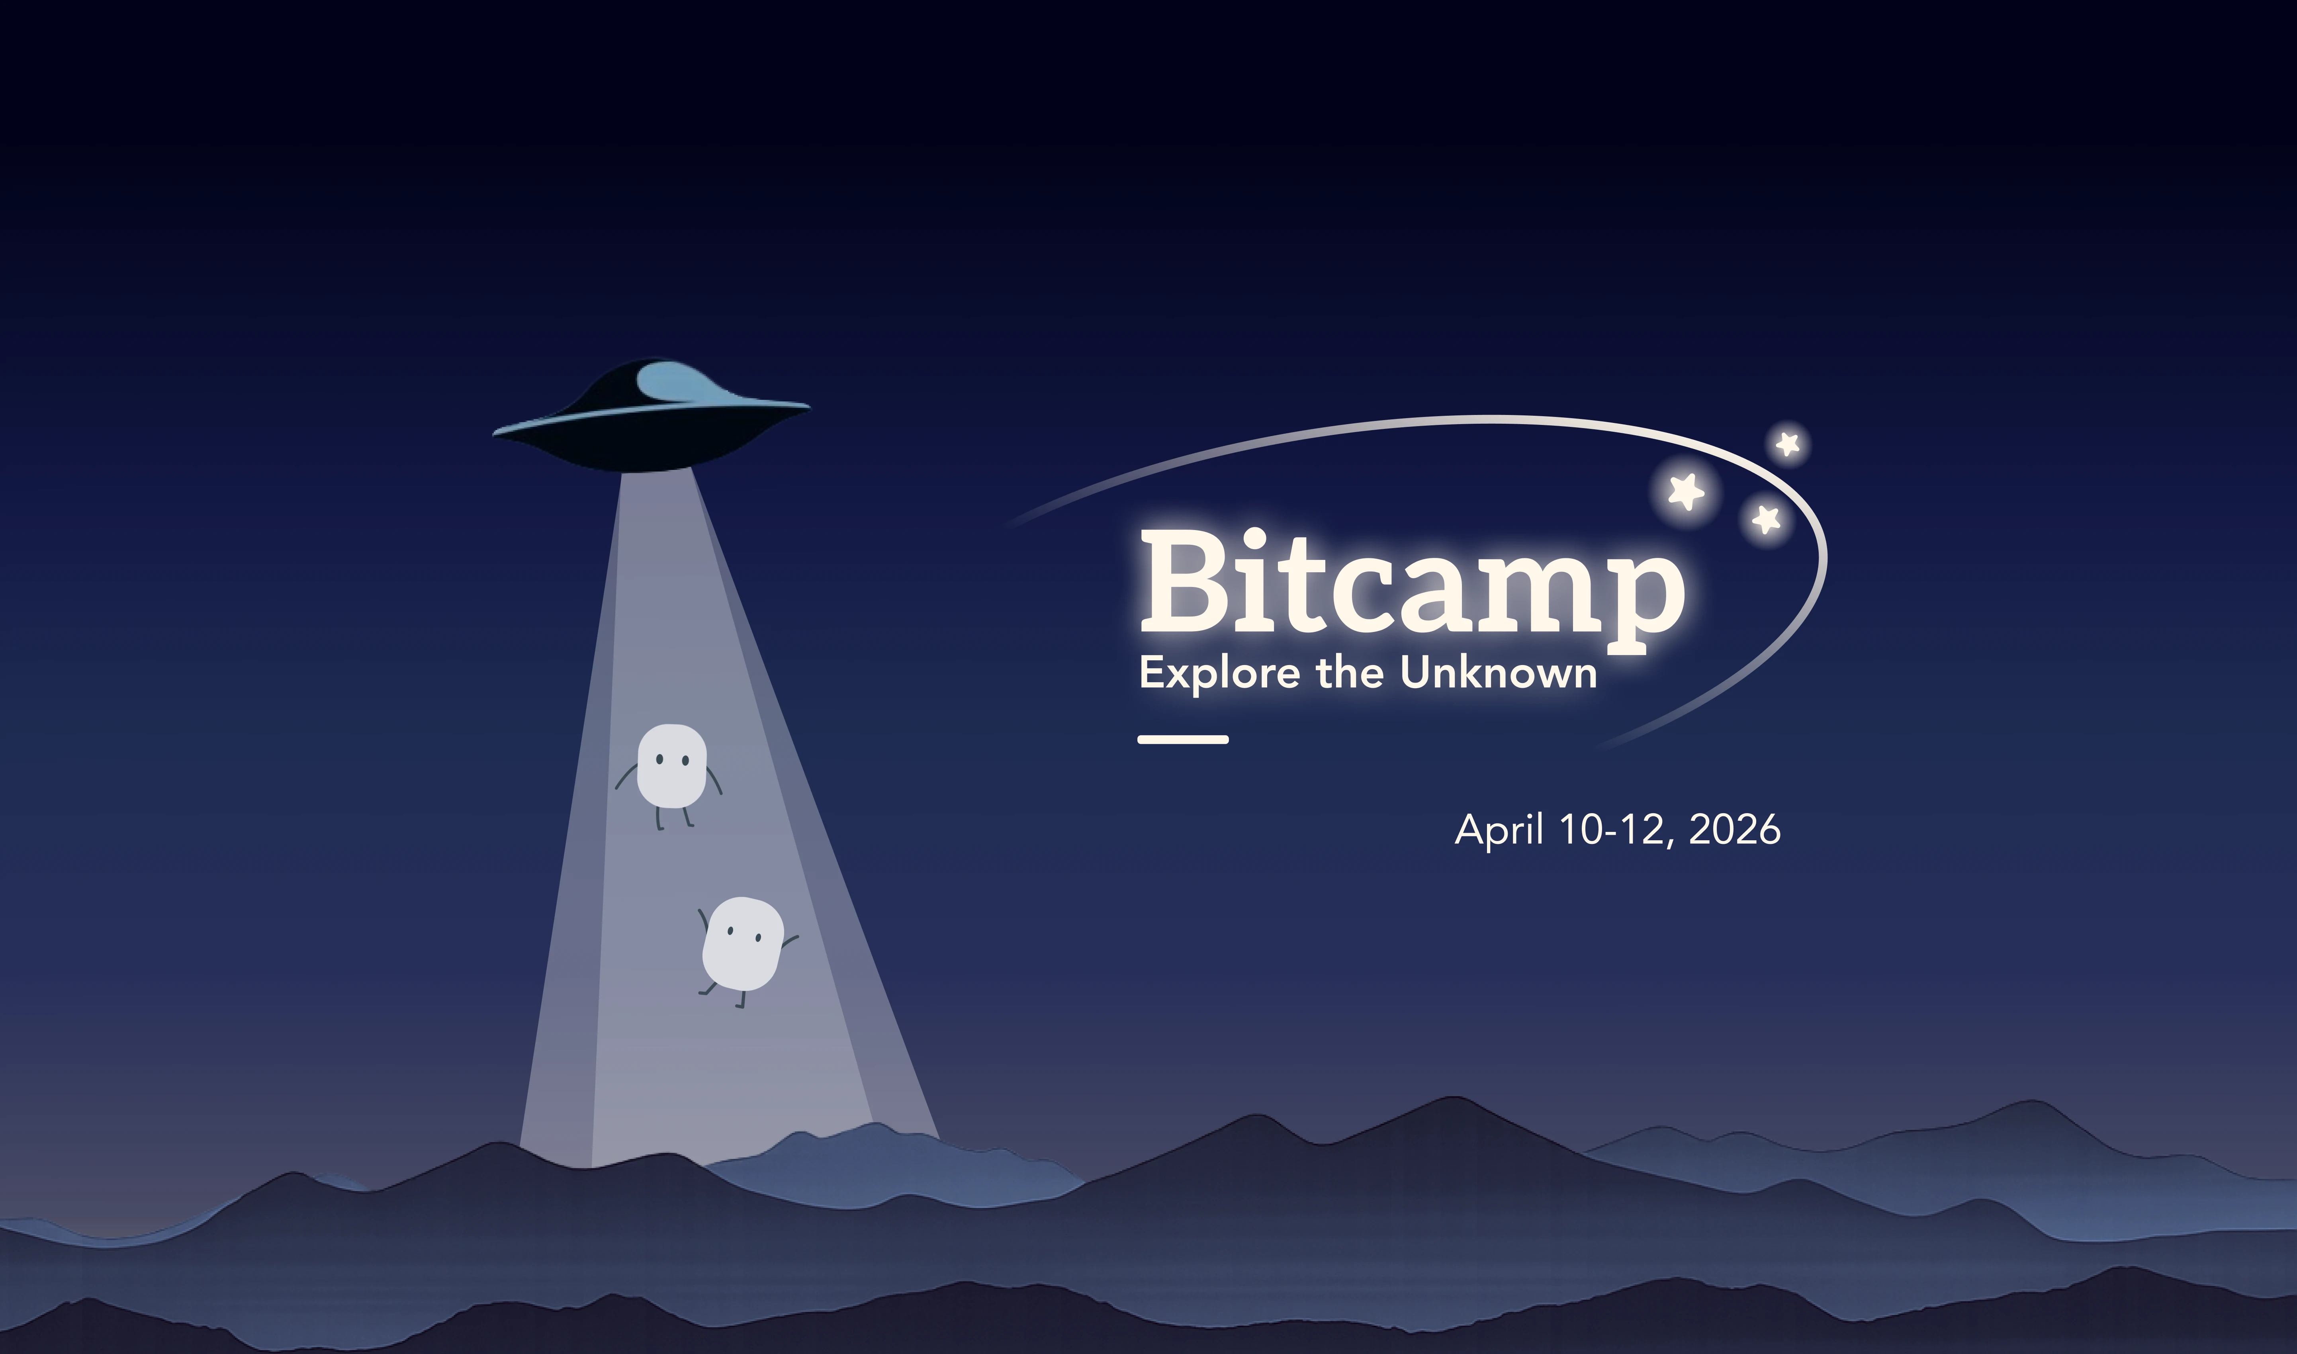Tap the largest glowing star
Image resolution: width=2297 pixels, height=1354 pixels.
[x=1686, y=492]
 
